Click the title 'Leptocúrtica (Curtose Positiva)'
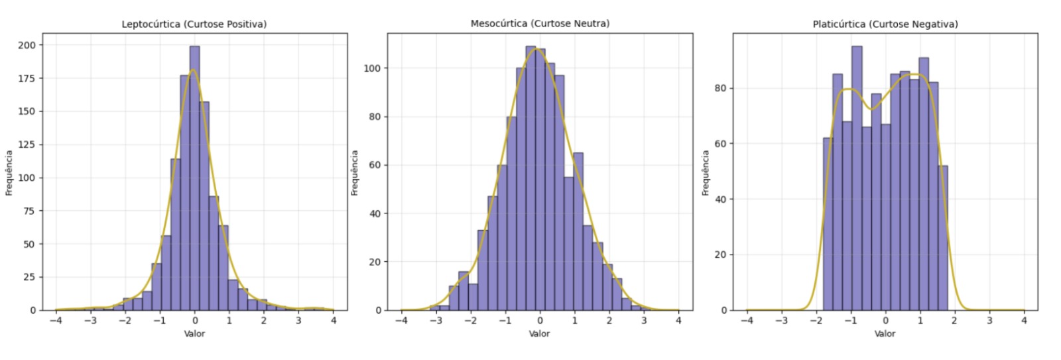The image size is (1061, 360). pos(194,25)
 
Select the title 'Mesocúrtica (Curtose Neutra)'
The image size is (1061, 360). pos(540,24)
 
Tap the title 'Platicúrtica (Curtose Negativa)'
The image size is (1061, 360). pos(885,25)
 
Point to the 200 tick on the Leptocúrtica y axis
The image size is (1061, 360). pos(27,45)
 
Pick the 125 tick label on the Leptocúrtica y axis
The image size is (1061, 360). pos(27,145)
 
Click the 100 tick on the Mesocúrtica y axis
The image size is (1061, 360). pos(375,68)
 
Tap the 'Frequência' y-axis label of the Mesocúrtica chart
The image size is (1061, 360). pos(355,172)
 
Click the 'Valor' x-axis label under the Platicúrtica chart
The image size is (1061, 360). pos(885,333)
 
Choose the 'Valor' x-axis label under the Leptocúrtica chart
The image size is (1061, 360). pos(194,333)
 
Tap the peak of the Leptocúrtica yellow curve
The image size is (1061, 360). pos(193,70)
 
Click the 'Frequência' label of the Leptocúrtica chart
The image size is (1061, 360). pos(9,172)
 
